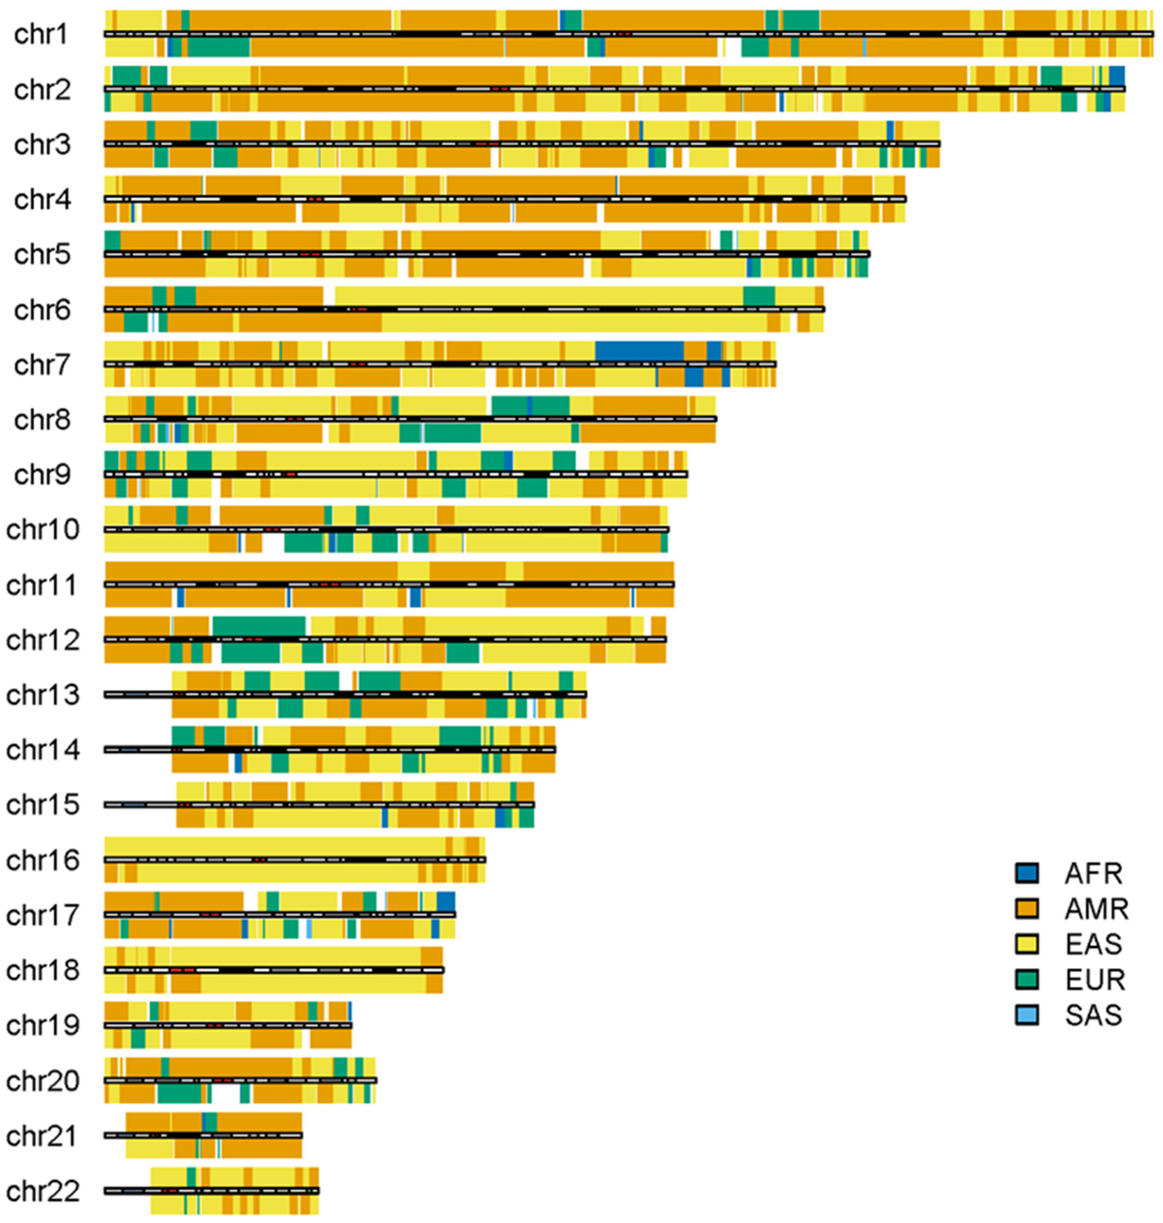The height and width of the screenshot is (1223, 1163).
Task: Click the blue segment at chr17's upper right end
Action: click(x=446, y=900)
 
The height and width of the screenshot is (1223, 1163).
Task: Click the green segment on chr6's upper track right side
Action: click(x=759, y=295)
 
